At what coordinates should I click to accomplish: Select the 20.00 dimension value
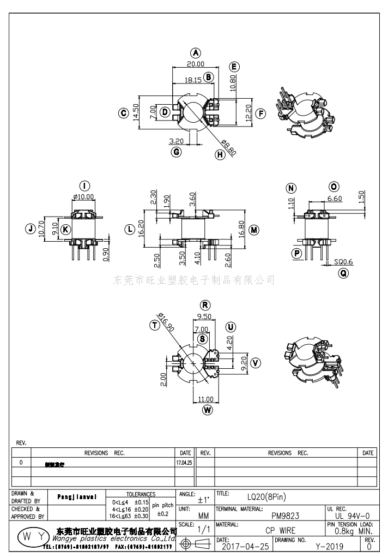point(196,64)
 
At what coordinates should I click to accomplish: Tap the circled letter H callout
point(220,154)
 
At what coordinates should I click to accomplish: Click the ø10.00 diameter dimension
point(83,197)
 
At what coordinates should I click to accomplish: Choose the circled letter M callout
point(253,230)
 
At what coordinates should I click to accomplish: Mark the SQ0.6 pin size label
point(343,262)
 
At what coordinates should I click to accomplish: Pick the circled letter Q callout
point(343,273)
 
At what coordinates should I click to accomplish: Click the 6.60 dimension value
point(335,199)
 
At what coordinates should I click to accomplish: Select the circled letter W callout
point(207,410)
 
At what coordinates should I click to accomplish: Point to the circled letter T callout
point(155,325)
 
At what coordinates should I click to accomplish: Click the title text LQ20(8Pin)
point(266,496)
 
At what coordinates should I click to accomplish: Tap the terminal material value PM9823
point(285,515)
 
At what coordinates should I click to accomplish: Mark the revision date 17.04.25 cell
point(185,462)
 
